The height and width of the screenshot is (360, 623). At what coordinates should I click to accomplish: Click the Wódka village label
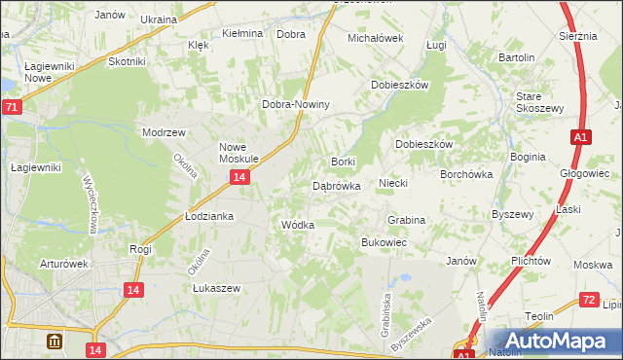[x=297, y=225]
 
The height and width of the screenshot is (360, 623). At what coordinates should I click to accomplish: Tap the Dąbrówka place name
[x=337, y=185]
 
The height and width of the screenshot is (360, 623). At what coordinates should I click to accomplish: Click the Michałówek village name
[x=376, y=38]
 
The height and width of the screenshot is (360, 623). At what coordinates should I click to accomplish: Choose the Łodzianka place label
[x=209, y=216]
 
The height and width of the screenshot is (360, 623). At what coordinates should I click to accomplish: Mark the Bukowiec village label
[x=384, y=241]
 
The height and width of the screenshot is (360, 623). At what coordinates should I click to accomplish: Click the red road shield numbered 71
[x=11, y=108]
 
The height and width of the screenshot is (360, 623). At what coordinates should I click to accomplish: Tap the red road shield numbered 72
[x=587, y=302]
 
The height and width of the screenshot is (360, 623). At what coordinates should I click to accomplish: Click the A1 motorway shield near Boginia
[x=579, y=138]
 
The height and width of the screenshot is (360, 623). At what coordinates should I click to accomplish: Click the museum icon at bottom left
[x=55, y=342]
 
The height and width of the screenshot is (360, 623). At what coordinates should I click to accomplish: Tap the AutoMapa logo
[x=560, y=342]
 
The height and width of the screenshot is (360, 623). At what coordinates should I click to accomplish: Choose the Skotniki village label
[x=127, y=61]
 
